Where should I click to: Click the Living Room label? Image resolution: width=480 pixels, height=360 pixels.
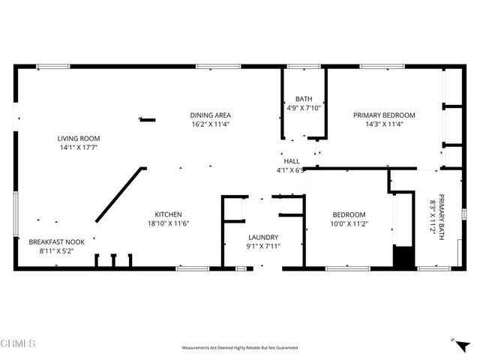pyautogui.click(x=79, y=138)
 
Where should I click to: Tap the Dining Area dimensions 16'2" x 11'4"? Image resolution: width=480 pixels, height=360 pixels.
pyautogui.click(x=209, y=124)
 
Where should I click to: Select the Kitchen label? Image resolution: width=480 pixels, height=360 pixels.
pyautogui.click(x=168, y=214)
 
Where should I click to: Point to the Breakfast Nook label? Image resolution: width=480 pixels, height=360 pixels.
pyautogui.click(x=57, y=242)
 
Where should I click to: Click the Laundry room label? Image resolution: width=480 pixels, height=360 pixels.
pyautogui.click(x=262, y=237)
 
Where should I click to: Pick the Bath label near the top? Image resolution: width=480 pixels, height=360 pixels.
pyautogui.click(x=304, y=98)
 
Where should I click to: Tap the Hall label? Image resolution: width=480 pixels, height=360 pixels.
pyautogui.click(x=292, y=161)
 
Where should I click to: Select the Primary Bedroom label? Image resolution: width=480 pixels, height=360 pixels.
pyautogui.click(x=384, y=115)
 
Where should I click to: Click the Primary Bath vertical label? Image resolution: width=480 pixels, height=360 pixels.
pyautogui.click(x=442, y=208)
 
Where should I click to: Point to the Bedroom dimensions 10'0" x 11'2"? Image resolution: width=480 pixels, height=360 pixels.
pyautogui.click(x=347, y=223)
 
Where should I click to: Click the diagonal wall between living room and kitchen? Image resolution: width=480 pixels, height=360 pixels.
pyautogui.click(x=119, y=194)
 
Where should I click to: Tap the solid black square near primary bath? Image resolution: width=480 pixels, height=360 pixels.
pyautogui.click(x=403, y=257)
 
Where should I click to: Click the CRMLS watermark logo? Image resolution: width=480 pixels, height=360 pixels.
pyautogui.click(x=18, y=343)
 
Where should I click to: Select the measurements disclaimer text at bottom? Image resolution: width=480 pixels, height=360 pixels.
pyautogui.click(x=240, y=348)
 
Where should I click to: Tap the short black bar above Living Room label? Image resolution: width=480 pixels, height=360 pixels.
pyautogui.click(x=148, y=119)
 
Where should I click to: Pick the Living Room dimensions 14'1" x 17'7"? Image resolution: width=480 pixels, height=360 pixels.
pyautogui.click(x=79, y=147)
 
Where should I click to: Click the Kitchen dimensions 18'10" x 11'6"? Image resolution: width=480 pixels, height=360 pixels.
pyautogui.click(x=168, y=223)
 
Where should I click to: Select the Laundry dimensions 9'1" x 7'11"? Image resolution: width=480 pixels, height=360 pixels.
pyautogui.click(x=262, y=246)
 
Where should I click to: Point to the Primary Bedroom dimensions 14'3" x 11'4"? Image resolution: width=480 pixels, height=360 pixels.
pyautogui.click(x=384, y=124)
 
